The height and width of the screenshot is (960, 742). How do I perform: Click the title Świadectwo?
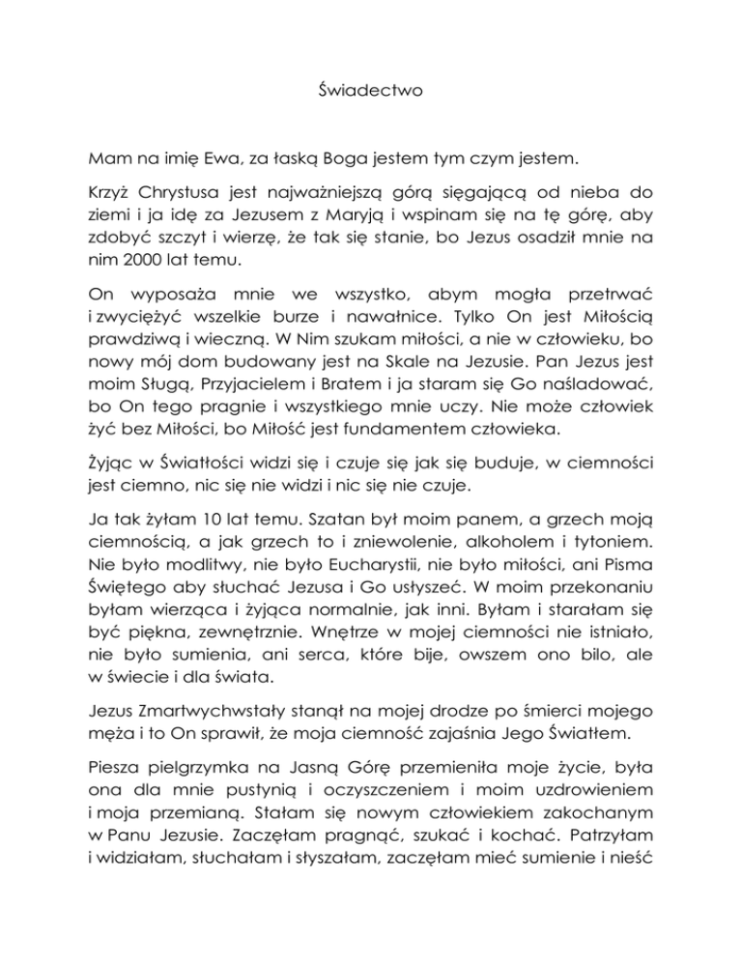tap(370, 96)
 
